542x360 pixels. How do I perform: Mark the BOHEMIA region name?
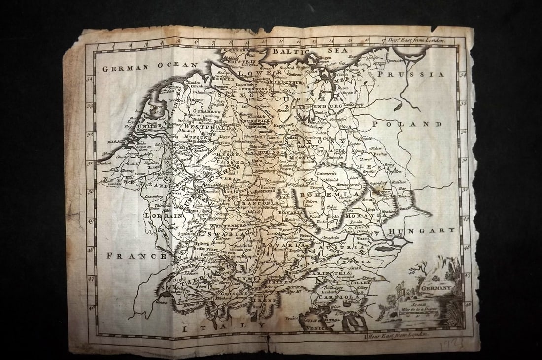coord(320,196)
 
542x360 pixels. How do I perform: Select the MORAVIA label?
coord(364,216)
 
